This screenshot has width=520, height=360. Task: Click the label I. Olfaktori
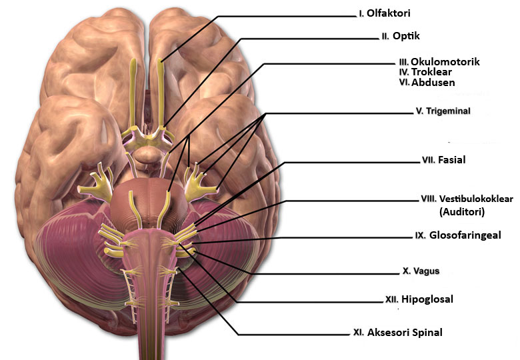pos(385,13)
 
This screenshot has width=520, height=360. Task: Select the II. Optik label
pos(401,36)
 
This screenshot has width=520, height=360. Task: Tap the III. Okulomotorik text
pos(439,61)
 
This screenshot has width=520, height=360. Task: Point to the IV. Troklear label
pos(425,72)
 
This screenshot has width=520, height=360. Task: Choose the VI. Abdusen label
pos(427,82)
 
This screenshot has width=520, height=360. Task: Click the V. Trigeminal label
pos(443,111)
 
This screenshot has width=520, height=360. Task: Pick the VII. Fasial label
pos(444,160)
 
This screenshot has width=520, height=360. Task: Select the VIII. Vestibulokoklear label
pos(467,199)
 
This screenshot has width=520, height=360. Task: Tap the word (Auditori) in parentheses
pos(462,211)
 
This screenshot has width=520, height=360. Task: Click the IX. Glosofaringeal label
pos(458,235)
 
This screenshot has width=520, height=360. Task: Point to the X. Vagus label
pos(421,271)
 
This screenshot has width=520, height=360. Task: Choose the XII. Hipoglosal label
pos(419,299)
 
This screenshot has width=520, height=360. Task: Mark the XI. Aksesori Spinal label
pos(397,333)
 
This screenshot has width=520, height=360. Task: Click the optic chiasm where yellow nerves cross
pos(148,137)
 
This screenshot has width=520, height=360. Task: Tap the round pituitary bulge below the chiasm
pos(148,155)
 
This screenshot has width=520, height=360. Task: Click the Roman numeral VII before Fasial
pos(428,160)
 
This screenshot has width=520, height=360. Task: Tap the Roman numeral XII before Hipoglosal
pos(391,299)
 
